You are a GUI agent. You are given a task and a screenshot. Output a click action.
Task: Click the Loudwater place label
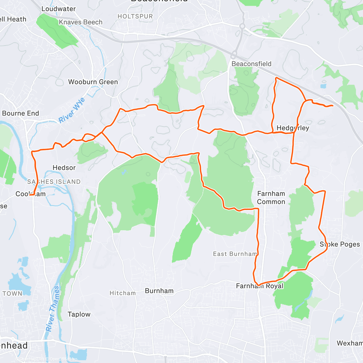[x=58, y=9]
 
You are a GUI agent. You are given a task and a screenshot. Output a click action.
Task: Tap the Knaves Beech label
[x=80, y=22]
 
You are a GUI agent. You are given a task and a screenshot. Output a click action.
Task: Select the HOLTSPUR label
[x=135, y=16]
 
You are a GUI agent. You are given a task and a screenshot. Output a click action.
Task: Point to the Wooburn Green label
[x=93, y=82]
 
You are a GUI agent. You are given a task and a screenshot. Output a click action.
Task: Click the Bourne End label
[x=21, y=113]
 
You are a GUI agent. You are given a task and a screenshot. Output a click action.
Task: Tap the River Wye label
[x=72, y=110]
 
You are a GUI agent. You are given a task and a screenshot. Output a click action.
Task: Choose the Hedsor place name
[x=64, y=168]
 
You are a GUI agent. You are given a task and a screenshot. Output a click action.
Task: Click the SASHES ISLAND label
[x=54, y=182]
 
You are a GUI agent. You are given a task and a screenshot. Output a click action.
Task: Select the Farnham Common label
[x=271, y=198]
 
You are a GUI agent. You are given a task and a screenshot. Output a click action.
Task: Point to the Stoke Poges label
[x=340, y=244]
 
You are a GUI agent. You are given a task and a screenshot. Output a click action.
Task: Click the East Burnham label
[x=235, y=254]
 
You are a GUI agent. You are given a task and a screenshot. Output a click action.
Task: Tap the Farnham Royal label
[x=260, y=286]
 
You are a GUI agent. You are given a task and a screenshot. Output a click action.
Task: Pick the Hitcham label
[x=123, y=293]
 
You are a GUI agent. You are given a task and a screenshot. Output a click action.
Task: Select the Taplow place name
[x=79, y=314]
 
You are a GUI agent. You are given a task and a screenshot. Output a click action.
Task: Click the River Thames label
[x=53, y=309]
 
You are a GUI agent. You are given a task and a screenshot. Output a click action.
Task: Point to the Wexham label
[x=350, y=343]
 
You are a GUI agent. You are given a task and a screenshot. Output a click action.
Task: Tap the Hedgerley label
[x=293, y=128]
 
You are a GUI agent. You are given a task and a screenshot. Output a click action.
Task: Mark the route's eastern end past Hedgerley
[x=333, y=105]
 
